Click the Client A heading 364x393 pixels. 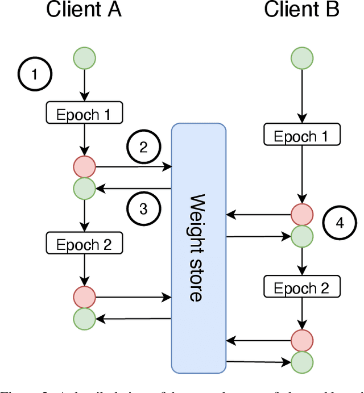coord(84,10)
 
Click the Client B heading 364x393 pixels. coord(301,10)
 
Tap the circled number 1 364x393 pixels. coord(34,74)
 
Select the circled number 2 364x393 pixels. coord(143,147)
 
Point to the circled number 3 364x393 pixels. coord(143,209)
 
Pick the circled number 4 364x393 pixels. coord(340,223)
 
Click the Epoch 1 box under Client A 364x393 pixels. coord(84,114)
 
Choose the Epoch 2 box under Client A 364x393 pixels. coord(84,245)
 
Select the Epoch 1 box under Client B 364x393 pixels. coord(302,136)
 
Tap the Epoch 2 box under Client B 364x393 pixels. coord(302,287)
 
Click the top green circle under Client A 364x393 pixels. coord(84,57)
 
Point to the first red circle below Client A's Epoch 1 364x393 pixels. coord(84,167)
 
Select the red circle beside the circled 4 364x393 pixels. coord(302,215)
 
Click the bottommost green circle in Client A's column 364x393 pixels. coord(84,319)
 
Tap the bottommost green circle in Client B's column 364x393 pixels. coord(302,361)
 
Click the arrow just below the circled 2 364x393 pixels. coord(134,167)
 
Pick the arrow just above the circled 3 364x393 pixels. coord(134,189)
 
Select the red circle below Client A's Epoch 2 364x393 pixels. coord(84,296)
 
